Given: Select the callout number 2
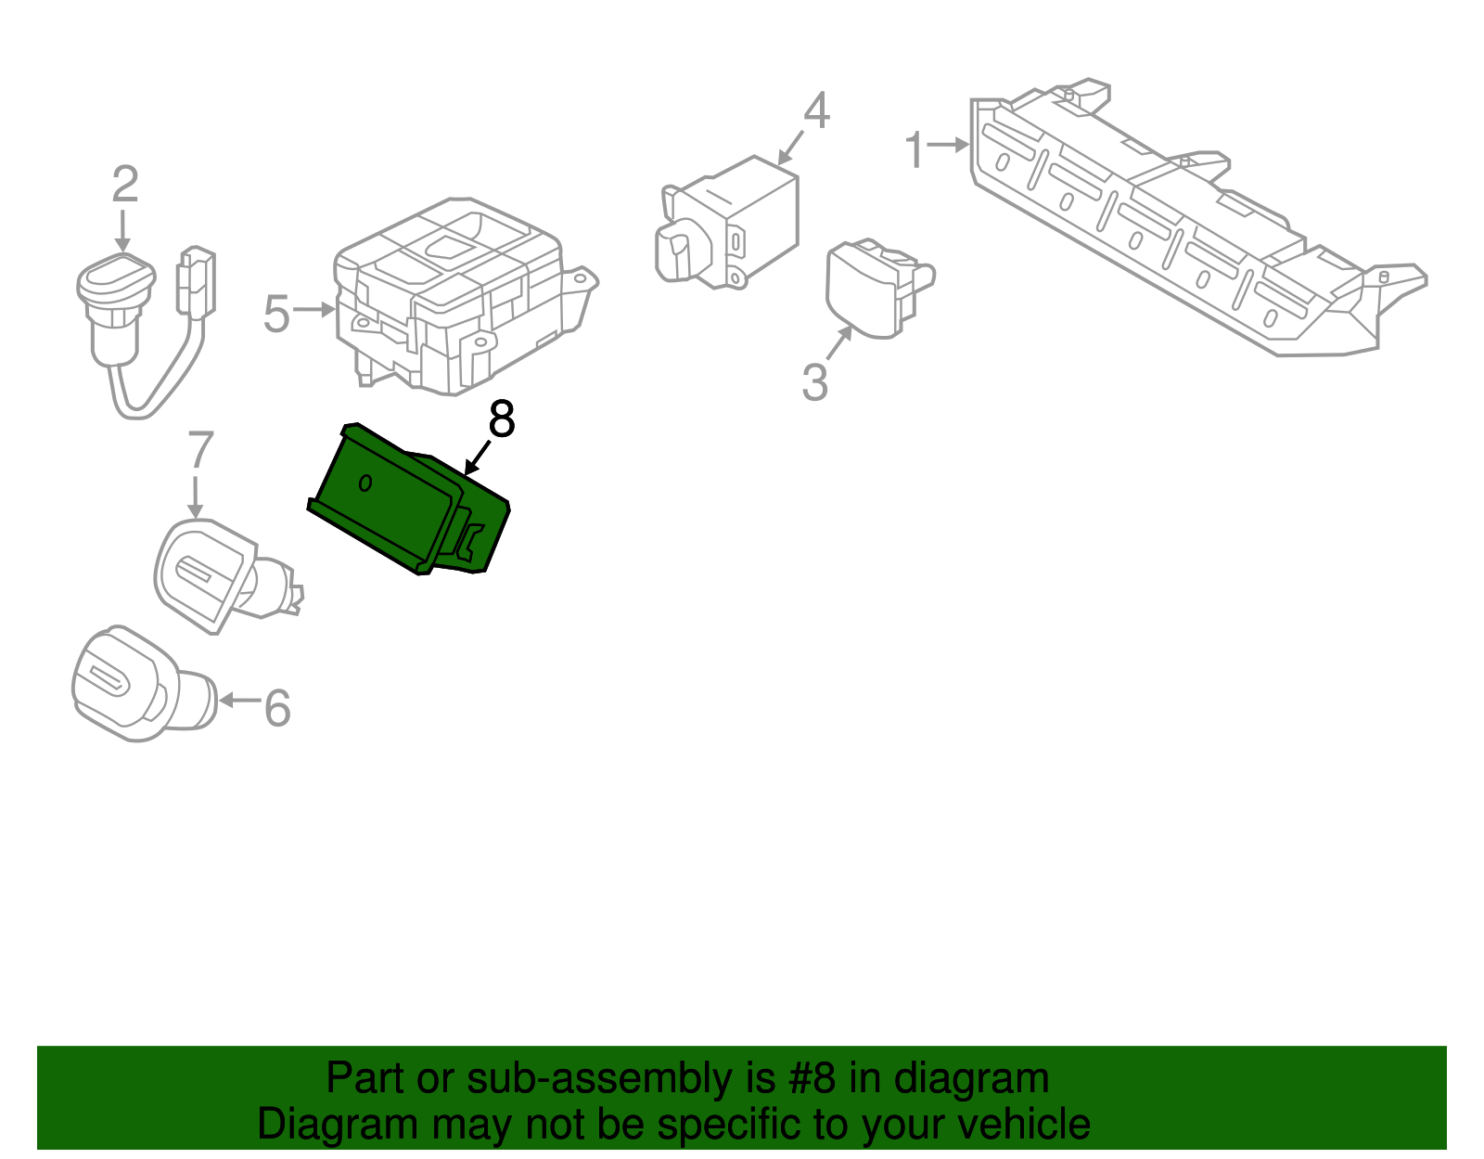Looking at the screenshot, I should (125, 185).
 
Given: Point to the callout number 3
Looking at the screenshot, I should (814, 382).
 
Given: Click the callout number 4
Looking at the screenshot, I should (816, 111).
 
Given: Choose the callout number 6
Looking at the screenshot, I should (277, 708).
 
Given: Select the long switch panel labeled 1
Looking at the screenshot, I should (1178, 223).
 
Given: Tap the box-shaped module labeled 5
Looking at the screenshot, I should (454, 297).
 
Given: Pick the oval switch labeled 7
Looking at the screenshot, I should (209, 573).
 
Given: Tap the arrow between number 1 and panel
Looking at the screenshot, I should (948, 145).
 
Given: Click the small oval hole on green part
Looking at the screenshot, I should (365, 483).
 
